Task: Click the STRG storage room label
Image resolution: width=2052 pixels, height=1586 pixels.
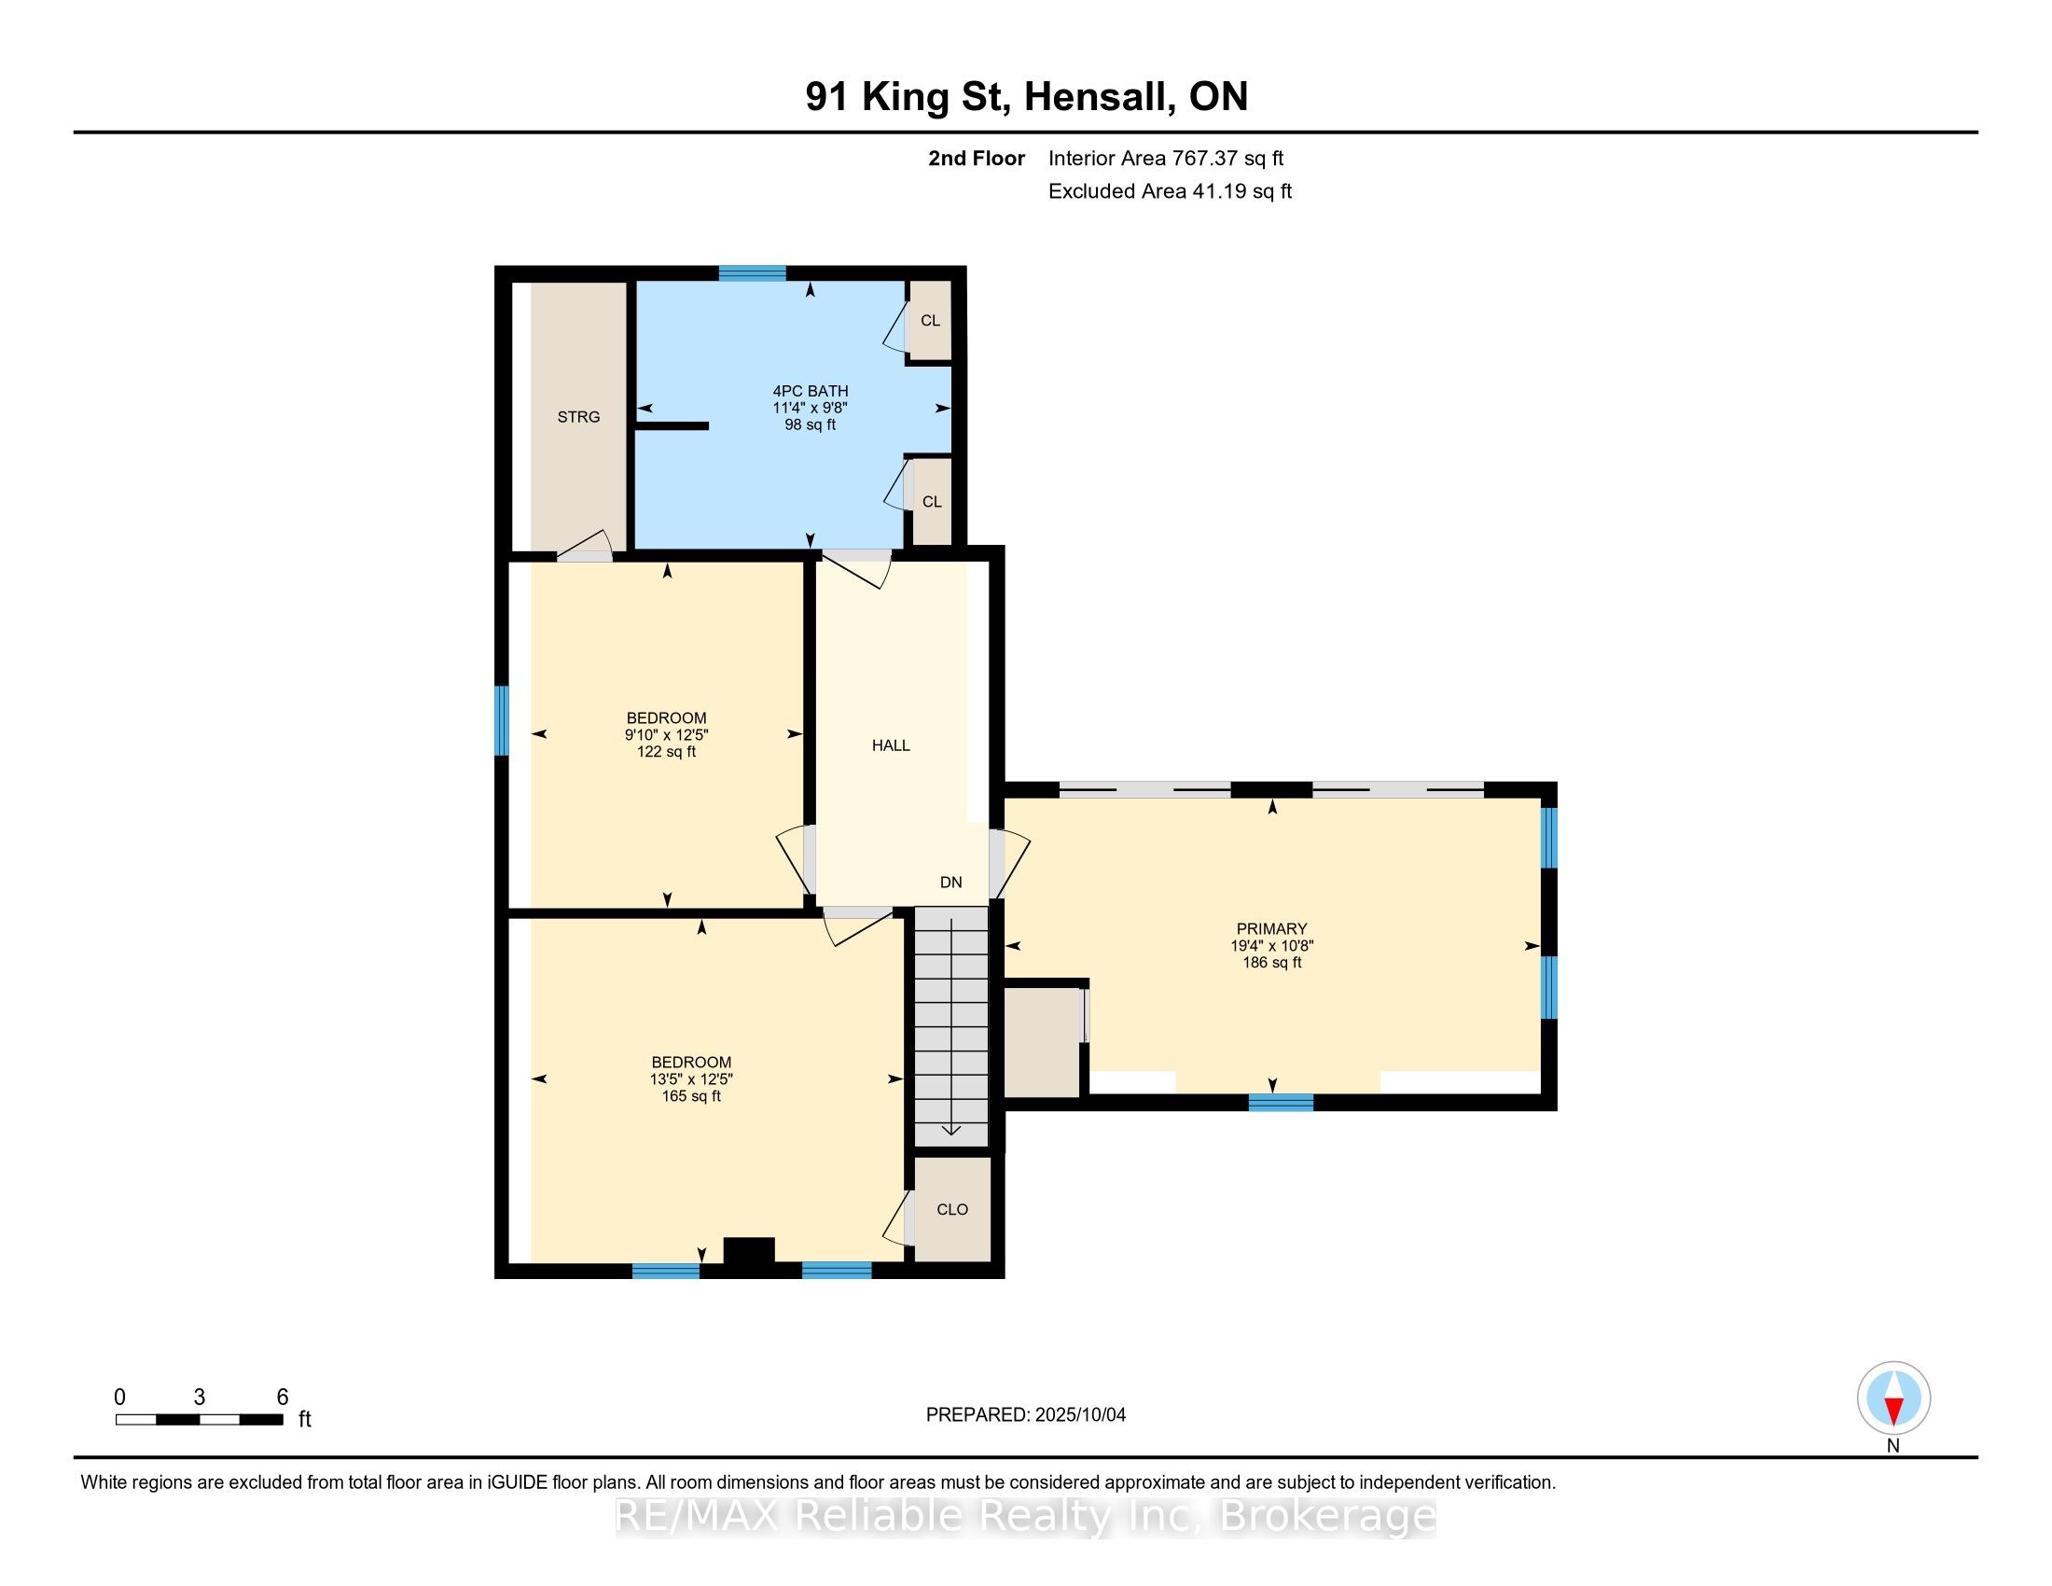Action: tap(578, 417)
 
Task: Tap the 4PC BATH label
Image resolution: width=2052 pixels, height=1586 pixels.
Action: tap(810, 391)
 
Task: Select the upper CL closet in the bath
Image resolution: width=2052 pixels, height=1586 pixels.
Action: tap(930, 320)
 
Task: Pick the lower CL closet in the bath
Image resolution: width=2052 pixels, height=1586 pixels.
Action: tap(931, 502)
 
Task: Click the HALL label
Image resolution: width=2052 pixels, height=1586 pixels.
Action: tap(891, 746)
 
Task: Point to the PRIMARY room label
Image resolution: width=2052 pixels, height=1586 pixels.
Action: tap(1271, 929)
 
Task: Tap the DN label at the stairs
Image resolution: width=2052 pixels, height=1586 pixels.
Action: tap(950, 883)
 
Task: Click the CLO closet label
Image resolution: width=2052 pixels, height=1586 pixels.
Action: tap(951, 1209)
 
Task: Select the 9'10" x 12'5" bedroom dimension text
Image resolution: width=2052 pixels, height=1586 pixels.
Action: tap(666, 735)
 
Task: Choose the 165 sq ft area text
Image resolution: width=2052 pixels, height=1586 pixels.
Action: tap(690, 1096)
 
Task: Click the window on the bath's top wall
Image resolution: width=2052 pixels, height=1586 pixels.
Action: tap(753, 273)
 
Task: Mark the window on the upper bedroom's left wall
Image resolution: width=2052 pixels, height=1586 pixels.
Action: tap(502, 719)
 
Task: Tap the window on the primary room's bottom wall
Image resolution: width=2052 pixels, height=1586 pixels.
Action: tap(1281, 1102)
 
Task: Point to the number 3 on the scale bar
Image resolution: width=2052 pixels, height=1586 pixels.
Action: tap(200, 1398)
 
